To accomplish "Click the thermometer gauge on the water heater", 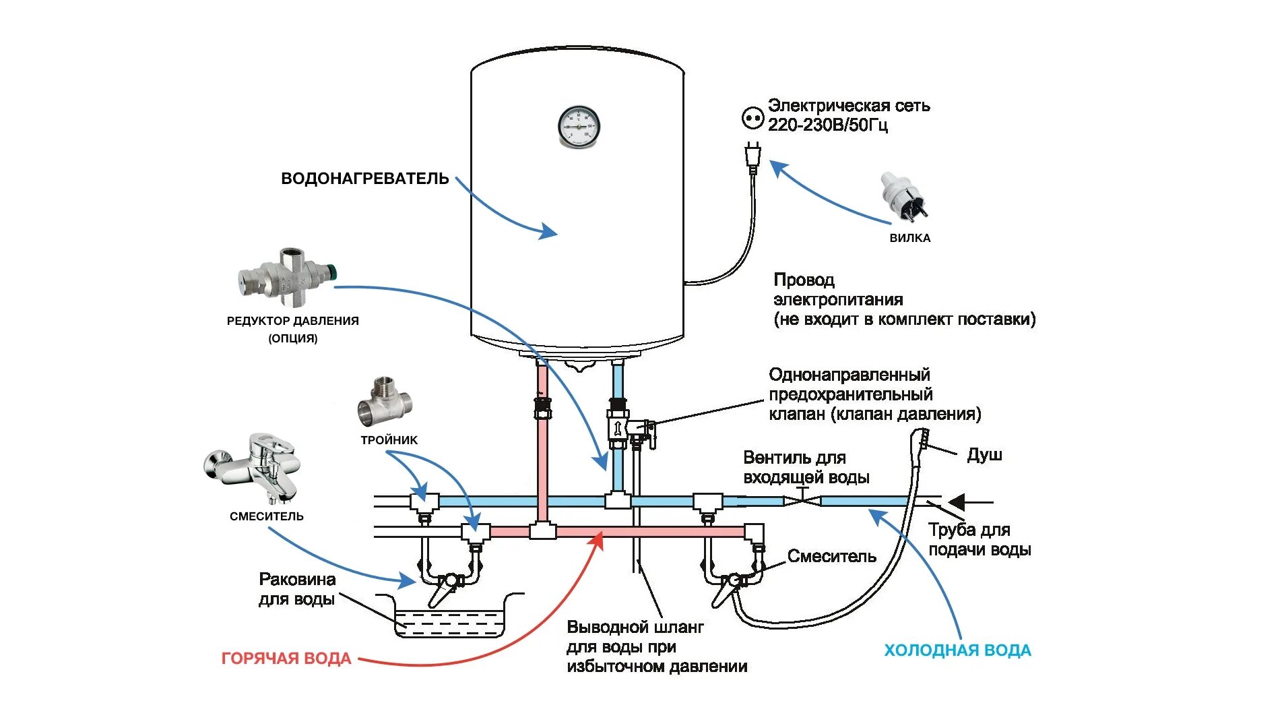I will pos(578,127).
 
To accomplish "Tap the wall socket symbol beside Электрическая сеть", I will pos(751,118).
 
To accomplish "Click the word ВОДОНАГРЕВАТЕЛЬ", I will pos(364,179).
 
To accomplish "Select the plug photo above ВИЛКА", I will pos(903,196).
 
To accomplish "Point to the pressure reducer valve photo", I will pos(286,274).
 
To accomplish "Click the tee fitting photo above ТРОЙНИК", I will pos(384,402).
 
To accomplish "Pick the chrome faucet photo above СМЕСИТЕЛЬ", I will pos(253,467).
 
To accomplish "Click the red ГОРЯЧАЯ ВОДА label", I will pos(286,659).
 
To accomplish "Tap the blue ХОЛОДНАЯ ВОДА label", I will pos(957,650).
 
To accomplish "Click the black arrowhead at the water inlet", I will pos(957,502).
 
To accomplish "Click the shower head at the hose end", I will pos(924,439).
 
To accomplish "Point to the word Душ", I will pos(984,455).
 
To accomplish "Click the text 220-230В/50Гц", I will pos(827,125).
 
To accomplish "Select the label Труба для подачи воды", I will pos(979,539).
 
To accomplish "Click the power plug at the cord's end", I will pos(752,156).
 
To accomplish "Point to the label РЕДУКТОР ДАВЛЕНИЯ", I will pos(292,321).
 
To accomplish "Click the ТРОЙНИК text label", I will pos(389,440).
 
